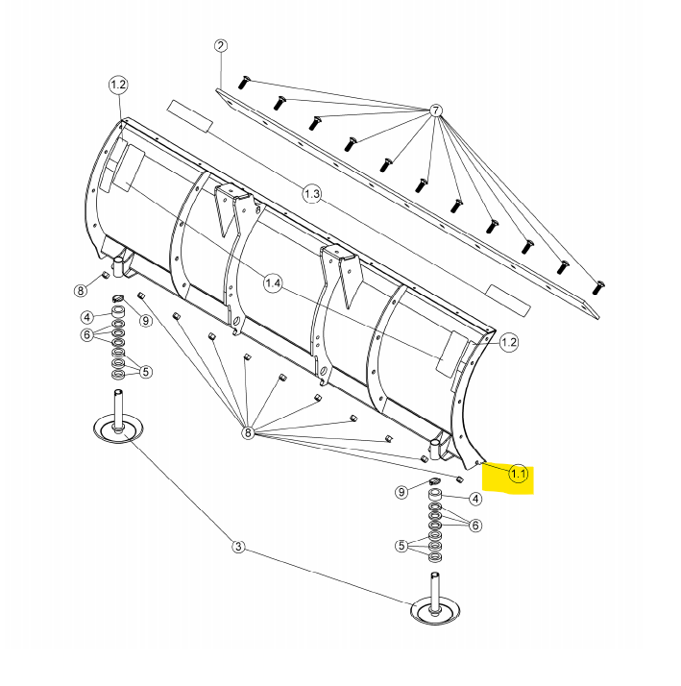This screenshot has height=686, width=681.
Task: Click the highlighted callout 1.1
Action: coord(519,474)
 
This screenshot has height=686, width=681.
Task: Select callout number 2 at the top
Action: coord(220,46)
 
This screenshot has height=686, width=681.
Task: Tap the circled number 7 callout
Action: coord(436,110)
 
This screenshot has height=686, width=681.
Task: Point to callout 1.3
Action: coord(311,195)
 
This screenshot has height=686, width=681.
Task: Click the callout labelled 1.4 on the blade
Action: coord(274,283)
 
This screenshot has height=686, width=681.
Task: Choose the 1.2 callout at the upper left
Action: coord(117,86)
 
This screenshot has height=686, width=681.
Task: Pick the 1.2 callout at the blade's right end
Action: coord(508,341)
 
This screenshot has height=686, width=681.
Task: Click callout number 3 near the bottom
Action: coord(238,548)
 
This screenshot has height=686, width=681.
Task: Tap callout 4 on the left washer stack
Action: coord(86,317)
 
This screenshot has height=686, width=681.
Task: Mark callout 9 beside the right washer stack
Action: coord(401,493)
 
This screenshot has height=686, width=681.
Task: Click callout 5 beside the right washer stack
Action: coord(401,547)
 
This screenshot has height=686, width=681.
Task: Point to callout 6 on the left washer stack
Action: coord(86,335)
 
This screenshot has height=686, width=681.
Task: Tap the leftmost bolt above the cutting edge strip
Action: coord(242,84)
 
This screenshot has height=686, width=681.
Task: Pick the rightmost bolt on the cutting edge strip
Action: coord(599,285)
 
